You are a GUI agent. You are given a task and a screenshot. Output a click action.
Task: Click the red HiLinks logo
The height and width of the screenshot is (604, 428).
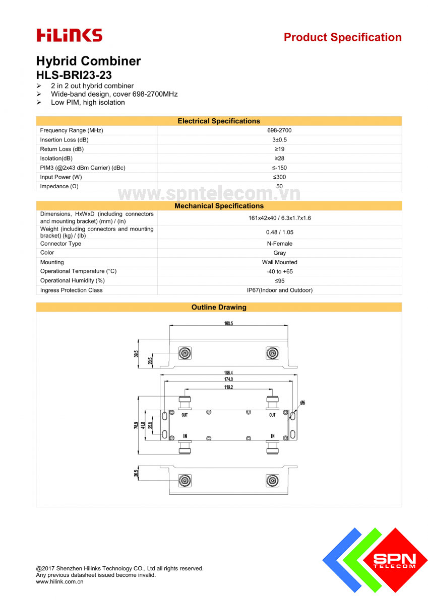(69, 35)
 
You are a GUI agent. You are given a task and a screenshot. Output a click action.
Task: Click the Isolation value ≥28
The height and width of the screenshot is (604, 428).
(279, 159)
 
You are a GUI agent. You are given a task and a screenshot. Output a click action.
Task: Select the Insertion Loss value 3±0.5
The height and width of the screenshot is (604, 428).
(279, 140)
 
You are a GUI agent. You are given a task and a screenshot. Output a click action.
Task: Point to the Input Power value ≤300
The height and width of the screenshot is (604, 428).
(279, 177)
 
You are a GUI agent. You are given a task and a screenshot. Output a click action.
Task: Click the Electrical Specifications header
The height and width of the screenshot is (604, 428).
(219, 121)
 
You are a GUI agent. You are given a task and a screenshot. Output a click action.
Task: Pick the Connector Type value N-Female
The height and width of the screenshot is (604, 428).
(279, 244)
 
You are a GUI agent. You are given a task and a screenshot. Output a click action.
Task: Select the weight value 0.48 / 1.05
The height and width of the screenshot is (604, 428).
(279, 232)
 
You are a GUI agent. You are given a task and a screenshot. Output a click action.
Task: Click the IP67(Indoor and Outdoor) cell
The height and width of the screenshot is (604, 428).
(279, 290)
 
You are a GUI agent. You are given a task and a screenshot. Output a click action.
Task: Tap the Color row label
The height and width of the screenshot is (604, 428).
(47, 253)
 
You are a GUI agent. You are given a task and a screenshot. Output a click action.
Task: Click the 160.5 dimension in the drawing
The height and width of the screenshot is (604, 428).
(228, 323)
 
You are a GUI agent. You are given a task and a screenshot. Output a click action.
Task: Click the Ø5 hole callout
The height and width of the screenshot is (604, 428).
(302, 403)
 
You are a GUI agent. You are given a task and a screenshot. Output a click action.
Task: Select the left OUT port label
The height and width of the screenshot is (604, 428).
(185, 415)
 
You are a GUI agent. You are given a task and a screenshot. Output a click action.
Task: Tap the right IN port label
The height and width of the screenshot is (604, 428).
(272, 436)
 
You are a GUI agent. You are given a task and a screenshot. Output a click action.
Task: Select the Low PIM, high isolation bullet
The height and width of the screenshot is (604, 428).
(88, 103)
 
